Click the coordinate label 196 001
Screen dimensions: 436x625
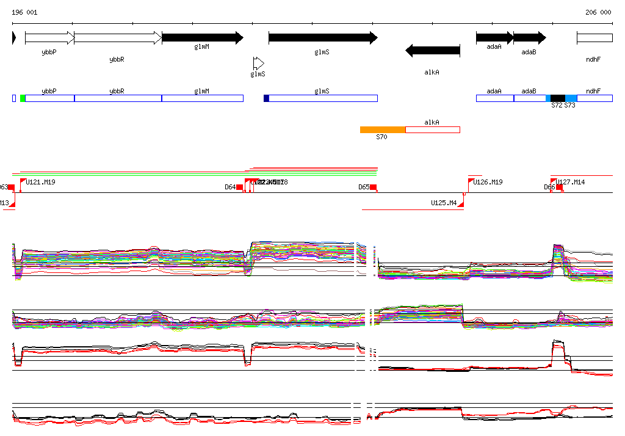click(x=24, y=12)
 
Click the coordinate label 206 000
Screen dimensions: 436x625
click(x=598, y=12)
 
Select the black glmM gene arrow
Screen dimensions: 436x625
click(x=202, y=38)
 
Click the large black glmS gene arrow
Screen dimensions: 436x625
click(x=323, y=38)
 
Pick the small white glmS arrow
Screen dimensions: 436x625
click(x=259, y=63)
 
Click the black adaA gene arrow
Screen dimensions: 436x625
click(x=494, y=38)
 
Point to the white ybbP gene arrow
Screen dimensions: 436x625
click(x=49, y=38)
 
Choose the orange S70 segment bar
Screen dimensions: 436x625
click(x=383, y=129)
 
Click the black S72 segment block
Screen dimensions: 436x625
click(x=557, y=98)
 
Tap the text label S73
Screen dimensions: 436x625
click(x=569, y=106)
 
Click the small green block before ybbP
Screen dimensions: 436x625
click(x=23, y=98)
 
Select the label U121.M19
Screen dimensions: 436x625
click(x=41, y=182)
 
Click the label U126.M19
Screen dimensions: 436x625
click(x=488, y=182)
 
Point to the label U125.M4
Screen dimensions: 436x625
click(x=444, y=203)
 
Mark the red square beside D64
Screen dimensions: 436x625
click(x=240, y=187)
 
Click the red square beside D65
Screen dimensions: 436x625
click(x=373, y=187)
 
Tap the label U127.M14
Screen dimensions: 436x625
click(x=571, y=182)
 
